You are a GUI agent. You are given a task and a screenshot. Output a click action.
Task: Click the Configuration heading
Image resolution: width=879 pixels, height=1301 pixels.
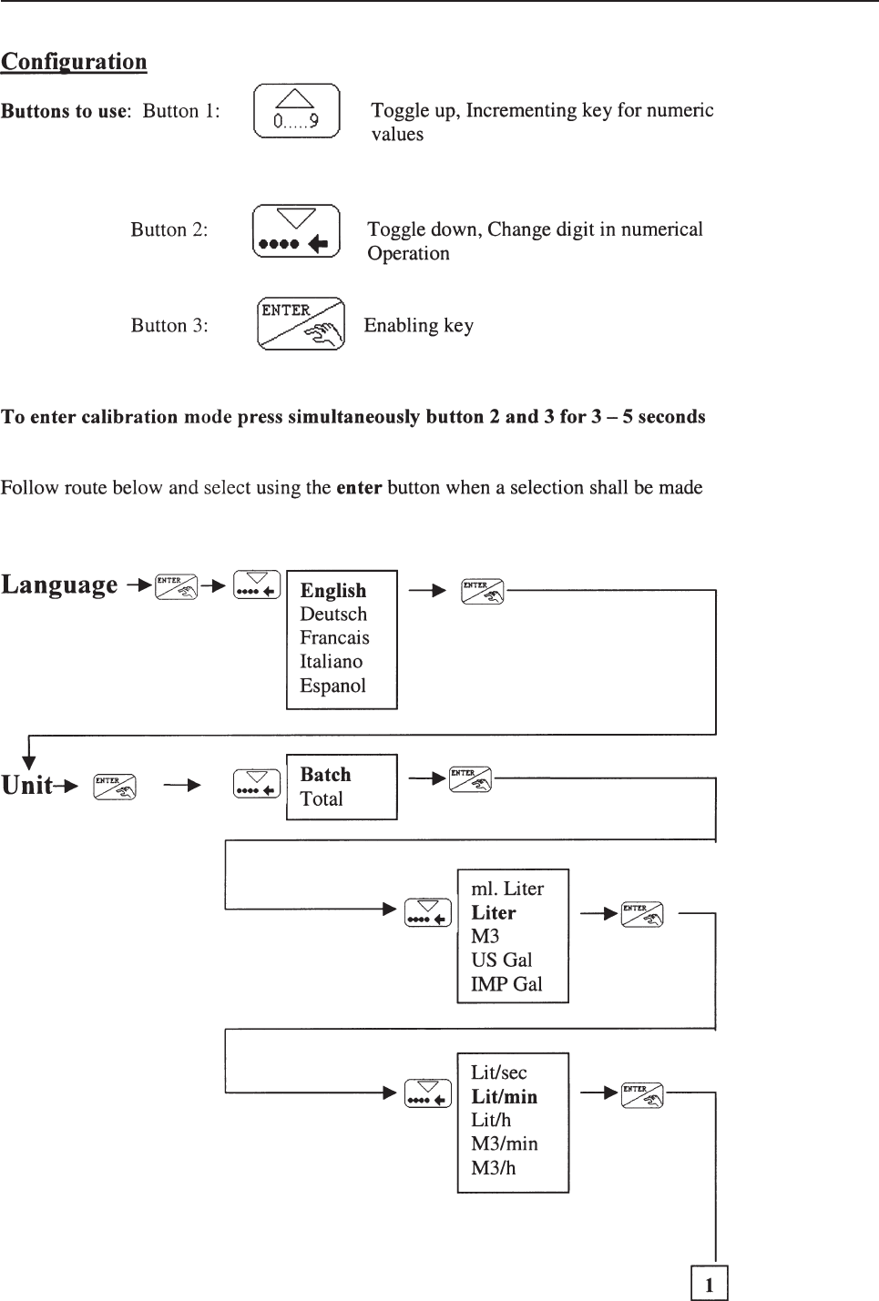click(x=74, y=62)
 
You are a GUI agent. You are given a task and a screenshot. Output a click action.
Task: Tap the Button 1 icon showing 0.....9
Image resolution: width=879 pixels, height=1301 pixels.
click(x=296, y=111)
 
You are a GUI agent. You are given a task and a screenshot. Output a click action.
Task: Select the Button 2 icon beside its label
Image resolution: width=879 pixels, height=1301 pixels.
click(x=296, y=231)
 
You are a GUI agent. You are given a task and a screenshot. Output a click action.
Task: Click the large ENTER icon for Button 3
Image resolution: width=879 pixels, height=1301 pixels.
click(x=301, y=323)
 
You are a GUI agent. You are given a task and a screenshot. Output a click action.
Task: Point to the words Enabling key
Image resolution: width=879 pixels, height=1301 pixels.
click(x=418, y=326)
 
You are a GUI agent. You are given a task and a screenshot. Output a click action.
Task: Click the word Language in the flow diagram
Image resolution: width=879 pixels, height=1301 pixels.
click(x=60, y=584)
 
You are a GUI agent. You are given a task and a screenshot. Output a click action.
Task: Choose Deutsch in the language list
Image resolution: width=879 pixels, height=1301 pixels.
click(x=333, y=615)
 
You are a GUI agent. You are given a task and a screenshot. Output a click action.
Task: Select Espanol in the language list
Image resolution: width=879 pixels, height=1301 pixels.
click(x=332, y=686)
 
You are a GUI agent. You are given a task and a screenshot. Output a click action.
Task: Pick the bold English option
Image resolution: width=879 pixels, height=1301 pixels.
click(x=333, y=591)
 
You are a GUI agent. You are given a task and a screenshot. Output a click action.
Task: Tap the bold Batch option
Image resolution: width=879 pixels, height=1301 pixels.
click(x=325, y=775)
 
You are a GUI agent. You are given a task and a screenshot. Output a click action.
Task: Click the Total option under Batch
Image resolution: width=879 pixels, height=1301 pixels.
click(x=322, y=799)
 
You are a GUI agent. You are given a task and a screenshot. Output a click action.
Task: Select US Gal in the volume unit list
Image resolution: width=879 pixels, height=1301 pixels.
click(x=501, y=961)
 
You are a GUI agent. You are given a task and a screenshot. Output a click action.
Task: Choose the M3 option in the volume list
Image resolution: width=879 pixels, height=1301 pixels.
click(x=485, y=937)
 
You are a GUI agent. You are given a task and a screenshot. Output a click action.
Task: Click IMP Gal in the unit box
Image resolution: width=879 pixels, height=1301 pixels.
click(x=506, y=984)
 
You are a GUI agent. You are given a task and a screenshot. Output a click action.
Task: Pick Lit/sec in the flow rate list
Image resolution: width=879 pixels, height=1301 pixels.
click(x=498, y=1072)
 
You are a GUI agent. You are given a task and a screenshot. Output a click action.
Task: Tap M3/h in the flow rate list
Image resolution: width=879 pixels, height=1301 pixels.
click(x=493, y=1168)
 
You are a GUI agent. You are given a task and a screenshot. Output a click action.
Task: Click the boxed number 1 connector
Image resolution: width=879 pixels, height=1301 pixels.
click(x=709, y=1284)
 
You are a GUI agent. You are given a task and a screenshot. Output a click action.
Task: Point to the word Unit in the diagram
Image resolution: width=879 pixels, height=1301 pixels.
click(x=27, y=786)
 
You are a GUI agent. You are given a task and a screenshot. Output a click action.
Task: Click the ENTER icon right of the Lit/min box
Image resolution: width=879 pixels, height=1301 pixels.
click(x=642, y=1095)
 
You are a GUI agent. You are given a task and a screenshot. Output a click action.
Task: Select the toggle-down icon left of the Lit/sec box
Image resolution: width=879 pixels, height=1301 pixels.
click(x=428, y=1093)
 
